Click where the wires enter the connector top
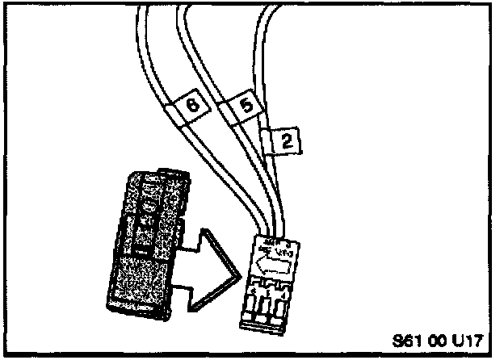coord(271,234)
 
